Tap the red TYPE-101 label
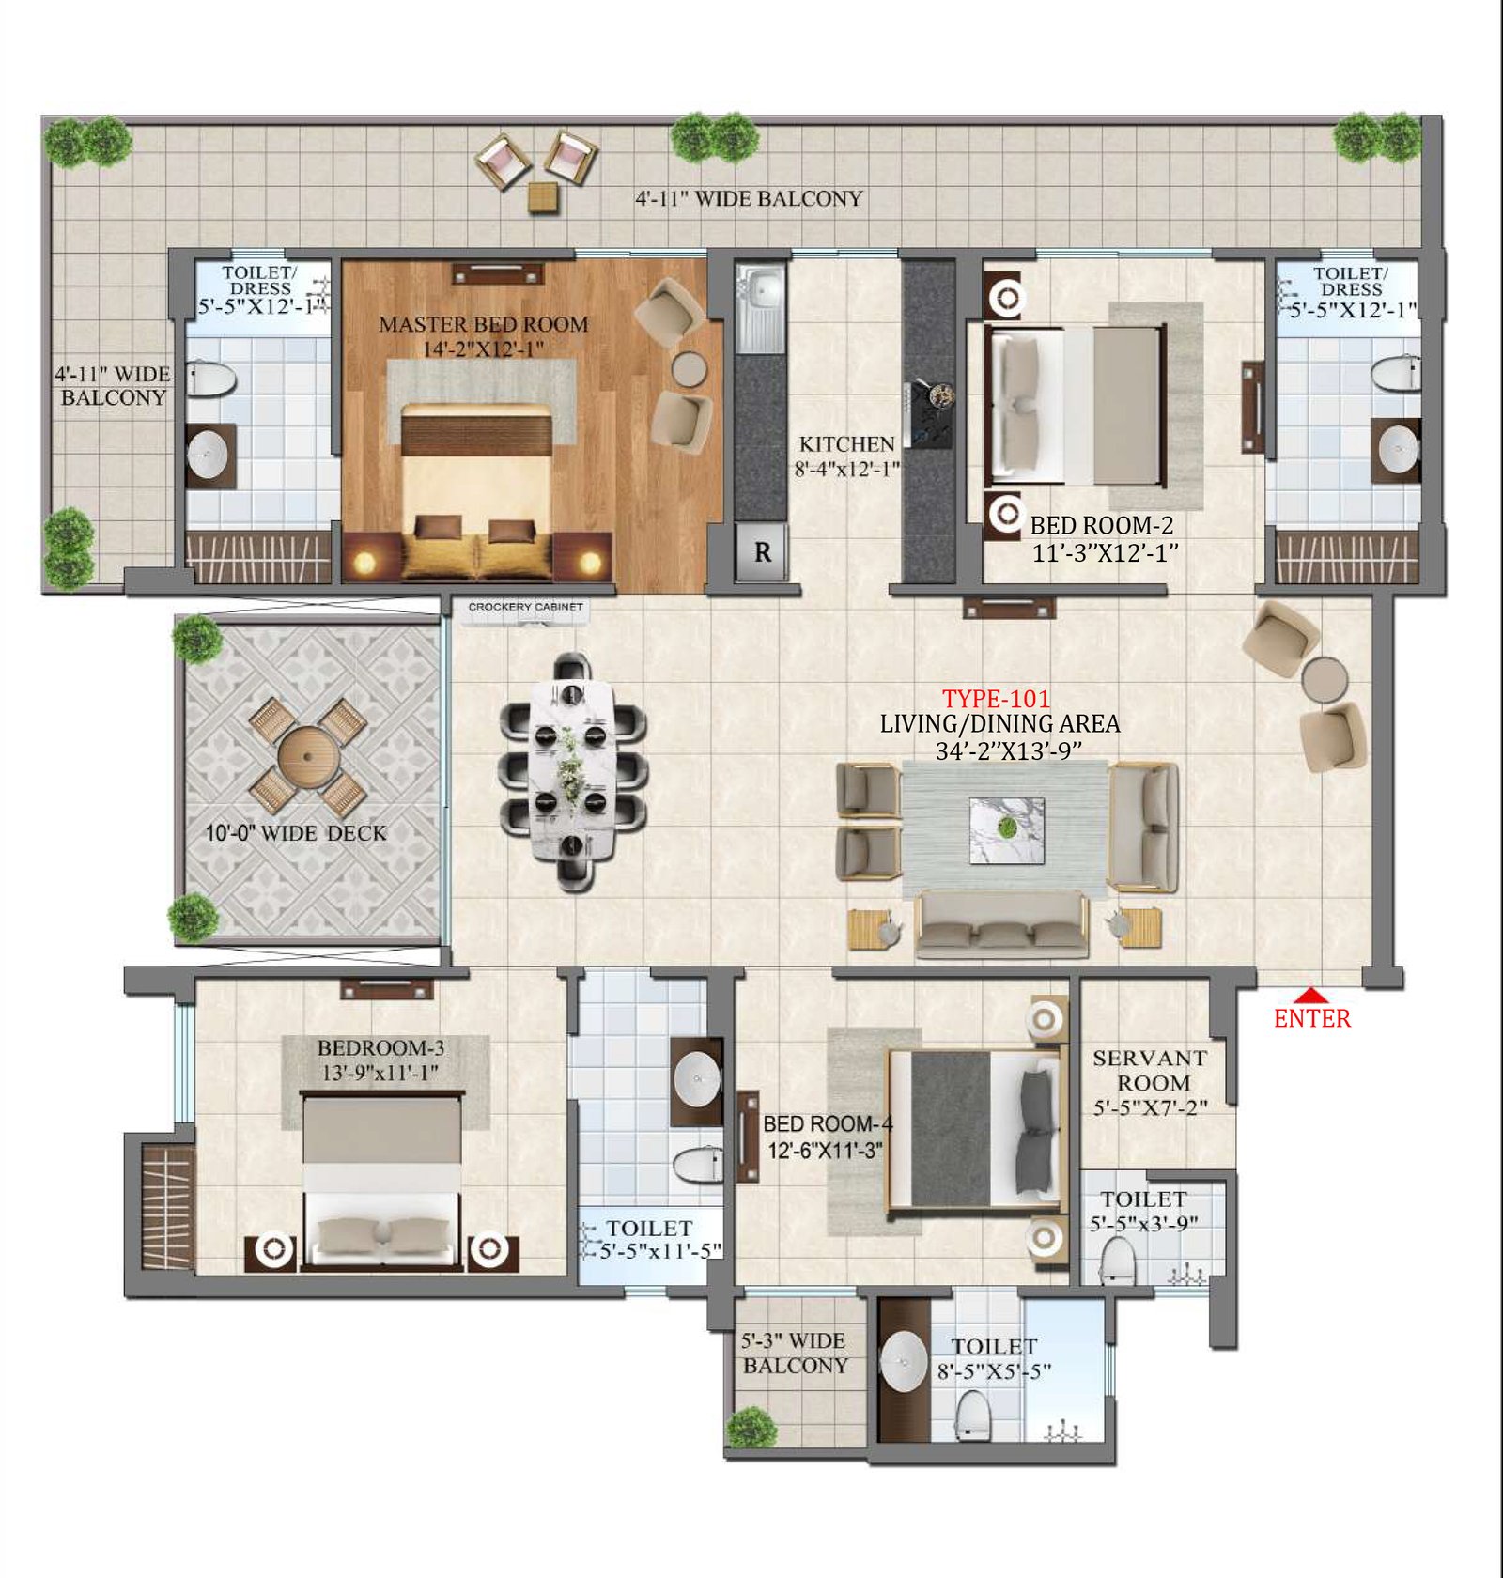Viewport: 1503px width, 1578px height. coord(997,699)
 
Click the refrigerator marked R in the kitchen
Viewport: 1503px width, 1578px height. coord(762,551)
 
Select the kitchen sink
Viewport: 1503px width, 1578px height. coord(761,305)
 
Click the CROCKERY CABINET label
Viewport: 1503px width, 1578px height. coord(526,607)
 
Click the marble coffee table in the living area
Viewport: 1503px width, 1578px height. coord(1007,830)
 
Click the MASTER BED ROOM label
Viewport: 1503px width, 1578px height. coord(484,325)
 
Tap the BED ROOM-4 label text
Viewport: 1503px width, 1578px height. coord(828,1123)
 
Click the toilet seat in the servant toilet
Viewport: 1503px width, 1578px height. coord(1118,1261)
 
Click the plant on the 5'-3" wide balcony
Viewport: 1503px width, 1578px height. coord(751,1427)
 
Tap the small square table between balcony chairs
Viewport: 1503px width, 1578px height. coord(542,196)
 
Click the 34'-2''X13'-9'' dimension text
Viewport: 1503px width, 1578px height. coord(1009,750)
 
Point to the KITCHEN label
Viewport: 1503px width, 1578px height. coord(847,443)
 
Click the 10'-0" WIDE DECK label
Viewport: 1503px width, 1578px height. coord(296,833)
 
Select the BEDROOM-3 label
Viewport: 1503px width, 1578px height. coord(380,1047)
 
